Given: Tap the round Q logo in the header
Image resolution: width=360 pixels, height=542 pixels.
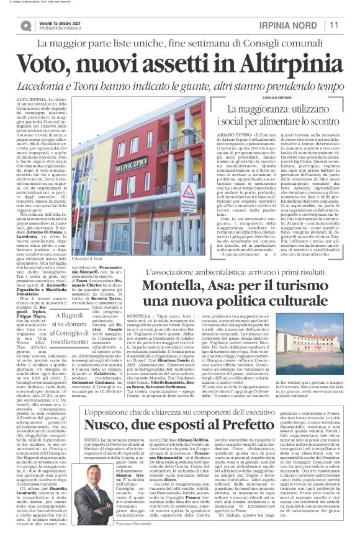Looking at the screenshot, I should click(26, 25).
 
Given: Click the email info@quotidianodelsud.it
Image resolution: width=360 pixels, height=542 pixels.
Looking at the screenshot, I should click(62, 29).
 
